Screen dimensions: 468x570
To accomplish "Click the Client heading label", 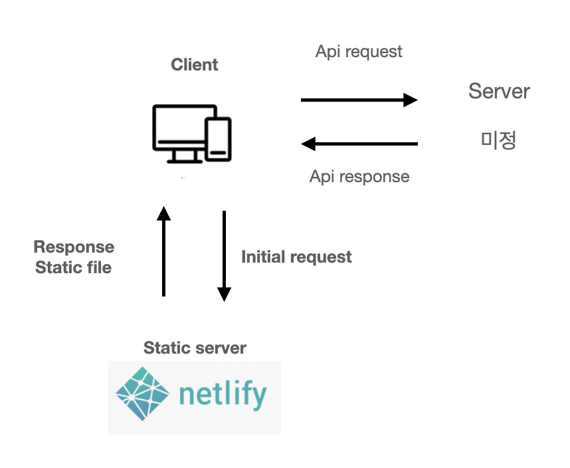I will point(194,64).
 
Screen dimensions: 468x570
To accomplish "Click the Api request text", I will point(359,51).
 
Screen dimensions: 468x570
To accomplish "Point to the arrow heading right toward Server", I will point(359,100).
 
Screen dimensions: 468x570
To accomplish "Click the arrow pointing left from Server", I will point(359,143).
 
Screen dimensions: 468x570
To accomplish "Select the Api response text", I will point(359,176).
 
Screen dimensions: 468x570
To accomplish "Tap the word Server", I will point(499,91).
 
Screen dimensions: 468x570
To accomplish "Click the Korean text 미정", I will point(498,140).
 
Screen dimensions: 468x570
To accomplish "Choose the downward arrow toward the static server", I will point(224,256).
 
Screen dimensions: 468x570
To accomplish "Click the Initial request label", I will point(296,257).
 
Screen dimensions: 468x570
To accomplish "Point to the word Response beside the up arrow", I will point(74,247).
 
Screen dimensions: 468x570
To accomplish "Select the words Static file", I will point(74,267).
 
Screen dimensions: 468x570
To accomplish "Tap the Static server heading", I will point(195,348).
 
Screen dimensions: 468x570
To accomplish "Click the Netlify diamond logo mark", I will point(143,394).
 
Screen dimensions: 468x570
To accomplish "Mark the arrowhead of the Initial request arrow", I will point(224,294).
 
